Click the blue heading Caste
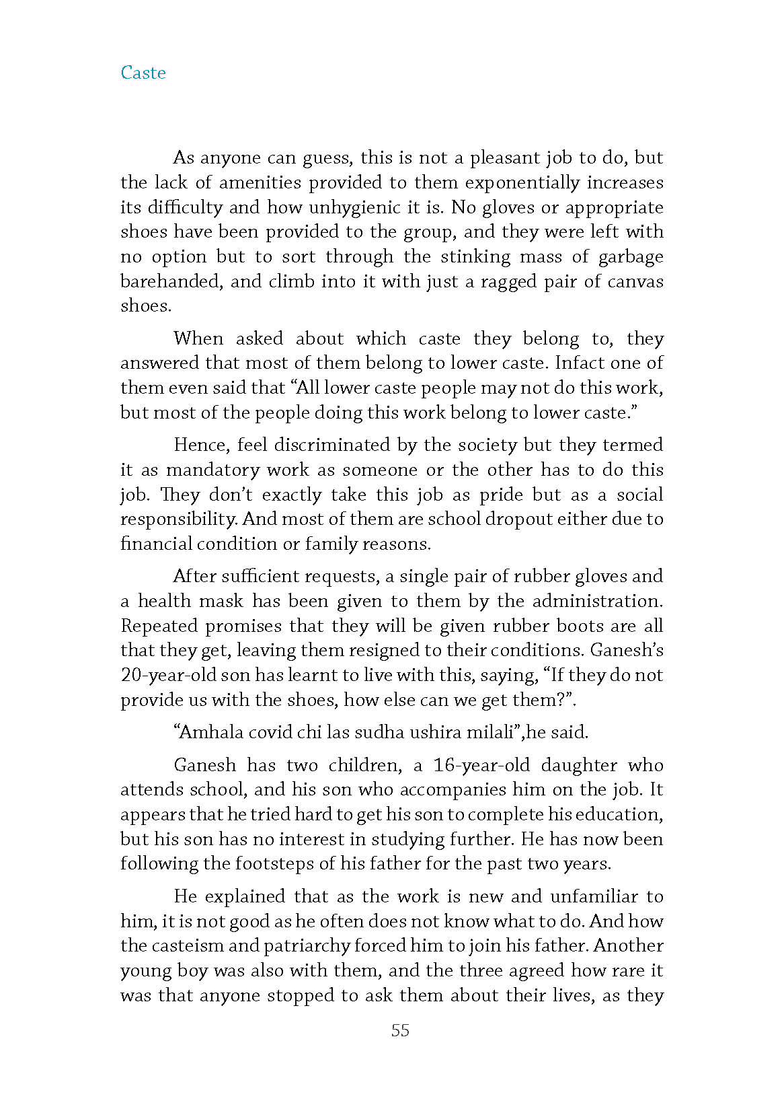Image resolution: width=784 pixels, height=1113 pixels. point(143,73)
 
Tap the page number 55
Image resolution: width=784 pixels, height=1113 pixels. point(400,1030)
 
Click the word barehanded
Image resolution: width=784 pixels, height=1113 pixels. point(171,281)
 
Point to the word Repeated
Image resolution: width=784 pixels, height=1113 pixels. point(159,626)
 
